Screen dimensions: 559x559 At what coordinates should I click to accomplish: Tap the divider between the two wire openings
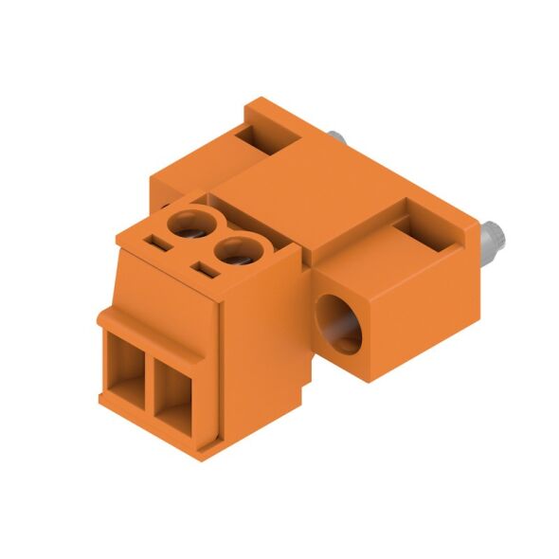click(148, 384)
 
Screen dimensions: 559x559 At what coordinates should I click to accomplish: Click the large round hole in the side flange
click(339, 325)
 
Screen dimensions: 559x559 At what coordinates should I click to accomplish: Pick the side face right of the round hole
click(417, 313)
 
